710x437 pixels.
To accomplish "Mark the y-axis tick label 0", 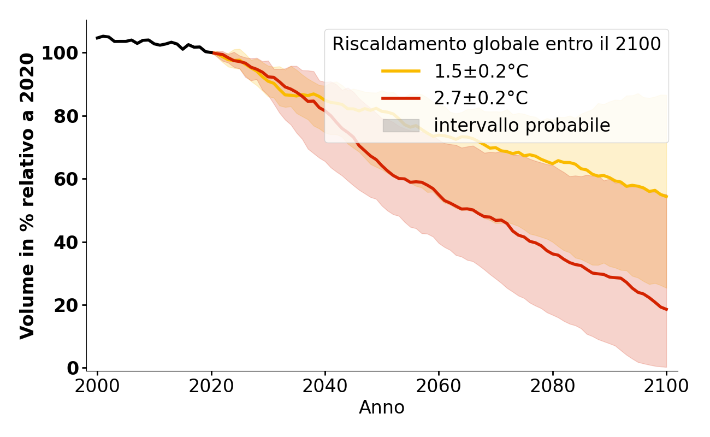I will coord(73,368).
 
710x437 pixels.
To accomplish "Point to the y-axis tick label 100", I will coord(61,54).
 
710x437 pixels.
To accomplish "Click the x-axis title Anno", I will coord(382,408).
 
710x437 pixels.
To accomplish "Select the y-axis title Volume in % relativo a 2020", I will coord(27,196).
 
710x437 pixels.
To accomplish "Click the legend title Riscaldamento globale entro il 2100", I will coord(496,44).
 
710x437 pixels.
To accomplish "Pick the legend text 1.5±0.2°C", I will coord(481,72).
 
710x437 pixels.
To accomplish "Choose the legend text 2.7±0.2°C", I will coord(481,98).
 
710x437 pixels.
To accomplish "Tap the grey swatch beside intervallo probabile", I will coord(401,126).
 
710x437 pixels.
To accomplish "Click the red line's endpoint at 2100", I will coord(666,310).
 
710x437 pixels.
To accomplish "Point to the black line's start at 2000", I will coord(97,38).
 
